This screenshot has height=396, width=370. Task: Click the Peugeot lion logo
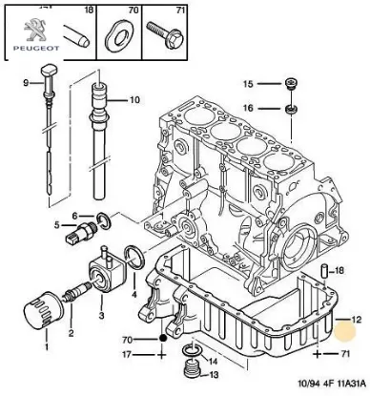coord(34,30)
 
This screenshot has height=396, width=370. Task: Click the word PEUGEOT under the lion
coord(36,49)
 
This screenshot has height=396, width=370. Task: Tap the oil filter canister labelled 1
coord(41,309)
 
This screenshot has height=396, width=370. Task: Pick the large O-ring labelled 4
coord(134,258)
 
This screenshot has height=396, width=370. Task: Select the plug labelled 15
coord(290,83)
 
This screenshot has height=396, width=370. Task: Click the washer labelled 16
coord(291,109)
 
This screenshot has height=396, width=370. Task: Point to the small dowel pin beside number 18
coord(324,270)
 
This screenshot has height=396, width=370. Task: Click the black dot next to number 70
coord(162,338)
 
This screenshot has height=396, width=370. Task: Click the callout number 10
coord(134,100)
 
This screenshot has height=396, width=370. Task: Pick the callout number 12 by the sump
coord(357,319)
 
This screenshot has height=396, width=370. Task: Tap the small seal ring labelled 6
coord(104,219)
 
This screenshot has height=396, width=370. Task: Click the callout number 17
coord(127,354)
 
